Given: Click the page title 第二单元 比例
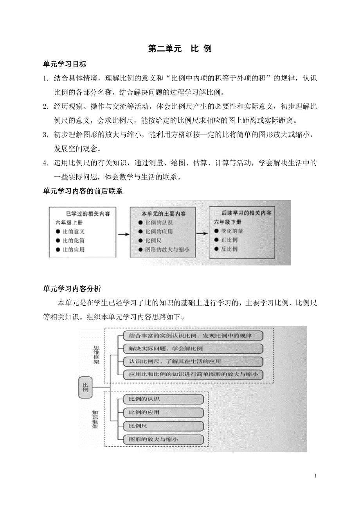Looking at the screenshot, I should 180,49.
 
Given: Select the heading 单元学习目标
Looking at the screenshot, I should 65,64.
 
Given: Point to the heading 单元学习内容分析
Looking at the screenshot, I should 72,289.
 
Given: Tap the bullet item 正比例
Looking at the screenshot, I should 229,240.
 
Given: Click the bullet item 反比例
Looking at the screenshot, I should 229,249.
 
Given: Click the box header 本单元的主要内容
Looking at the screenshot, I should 163,214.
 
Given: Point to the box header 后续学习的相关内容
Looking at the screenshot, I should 246,213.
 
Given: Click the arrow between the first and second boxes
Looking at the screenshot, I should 123,234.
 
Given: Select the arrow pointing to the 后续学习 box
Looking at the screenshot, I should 202,234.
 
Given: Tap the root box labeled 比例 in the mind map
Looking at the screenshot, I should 85,387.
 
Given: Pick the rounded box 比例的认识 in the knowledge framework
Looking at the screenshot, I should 164,399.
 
